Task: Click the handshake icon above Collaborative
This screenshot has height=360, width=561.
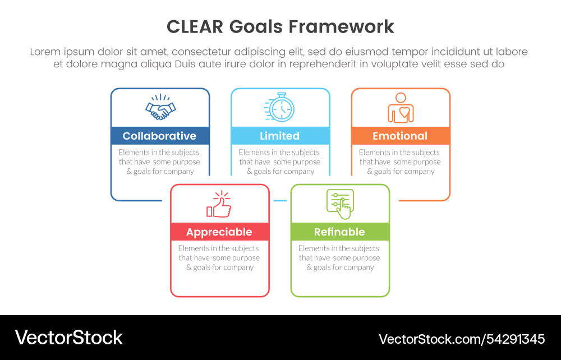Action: pyautogui.click(x=160, y=107)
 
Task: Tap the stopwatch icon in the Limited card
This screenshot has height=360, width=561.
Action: pyautogui.click(x=279, y=107)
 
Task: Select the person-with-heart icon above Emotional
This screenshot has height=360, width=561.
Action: pyautogui.click(x=401, y=107)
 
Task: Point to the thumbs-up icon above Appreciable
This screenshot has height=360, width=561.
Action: pyautogui.click(x=219, y=204)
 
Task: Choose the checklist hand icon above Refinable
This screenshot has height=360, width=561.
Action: pyautogui.click(x=340, y=204)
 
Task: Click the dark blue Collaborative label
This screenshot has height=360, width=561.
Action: pyautogui.click(x=160, y=136)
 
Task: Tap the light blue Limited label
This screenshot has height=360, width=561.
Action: pyautogui.click(x=280, y=136)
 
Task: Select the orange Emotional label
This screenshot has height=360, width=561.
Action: pyautogui.click(x=400, y=136)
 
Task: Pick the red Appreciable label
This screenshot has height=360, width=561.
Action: pyautogui.click(x=219, y=232)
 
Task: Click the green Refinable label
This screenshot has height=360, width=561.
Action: pyautogui.click(x=339, y=232)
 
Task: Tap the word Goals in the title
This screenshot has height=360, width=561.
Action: pyautogui.click(x=259, y=26)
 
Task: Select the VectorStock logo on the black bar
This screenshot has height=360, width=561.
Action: pyautogui.click(x=68, y=337)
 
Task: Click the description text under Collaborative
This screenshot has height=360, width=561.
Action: pyautogui.click(x=160, y=161)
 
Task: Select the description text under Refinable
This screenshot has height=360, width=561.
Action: pyautogui.click(x=339, y=258)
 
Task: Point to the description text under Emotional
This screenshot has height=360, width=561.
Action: pyautogui.click(x=400, y=161)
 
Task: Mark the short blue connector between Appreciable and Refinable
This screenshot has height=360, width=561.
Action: pyautogui.click(x=280, y=200)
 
